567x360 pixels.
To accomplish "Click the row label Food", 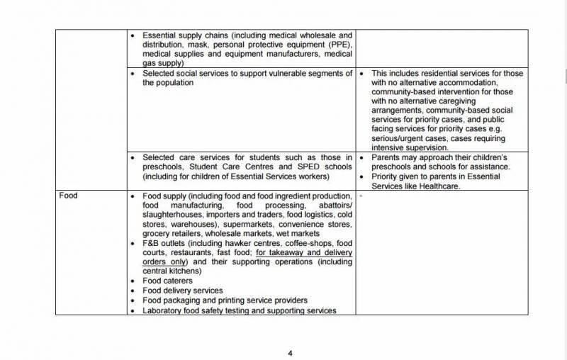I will pos(69,196).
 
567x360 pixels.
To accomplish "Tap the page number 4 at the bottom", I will pos(289,352).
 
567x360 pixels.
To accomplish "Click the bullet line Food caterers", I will pos(168,281).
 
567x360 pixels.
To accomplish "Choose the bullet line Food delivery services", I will pos(183,290).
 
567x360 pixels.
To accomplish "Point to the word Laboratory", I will pos(164,310).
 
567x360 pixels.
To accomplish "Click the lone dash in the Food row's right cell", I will pos(361,195).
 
